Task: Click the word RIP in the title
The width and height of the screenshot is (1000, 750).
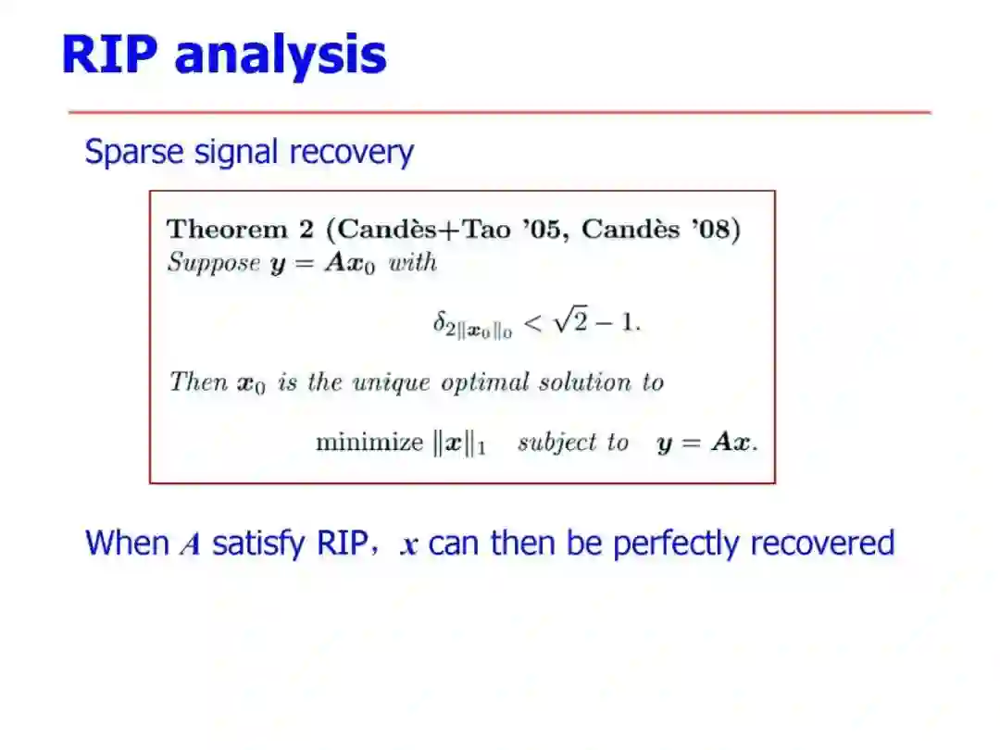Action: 109,55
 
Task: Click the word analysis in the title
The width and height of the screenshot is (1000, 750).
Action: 281,57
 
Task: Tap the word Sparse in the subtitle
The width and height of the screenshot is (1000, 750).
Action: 134,153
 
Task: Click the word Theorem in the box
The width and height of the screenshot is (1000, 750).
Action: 227,229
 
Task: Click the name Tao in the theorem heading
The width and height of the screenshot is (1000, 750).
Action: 487,229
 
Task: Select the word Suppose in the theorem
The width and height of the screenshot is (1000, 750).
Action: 214,263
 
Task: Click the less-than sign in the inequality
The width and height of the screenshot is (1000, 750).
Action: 532,323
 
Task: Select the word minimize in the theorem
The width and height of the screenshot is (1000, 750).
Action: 369,442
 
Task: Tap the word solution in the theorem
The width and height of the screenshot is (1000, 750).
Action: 585,382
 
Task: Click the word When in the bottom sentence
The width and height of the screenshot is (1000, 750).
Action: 128,544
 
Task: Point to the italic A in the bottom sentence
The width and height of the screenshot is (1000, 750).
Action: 190,545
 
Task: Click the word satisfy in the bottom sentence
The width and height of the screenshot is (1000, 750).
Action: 258,545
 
